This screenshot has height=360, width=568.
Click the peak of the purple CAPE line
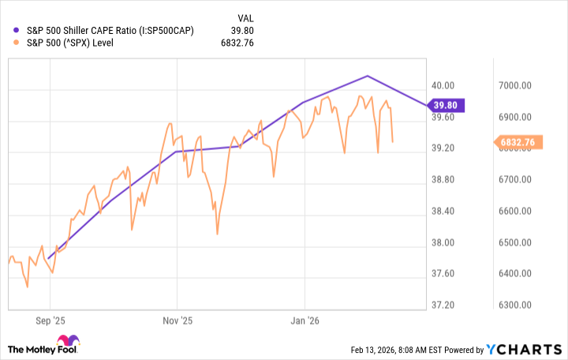click(368, 76)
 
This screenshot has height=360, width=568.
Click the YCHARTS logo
click(520, 348)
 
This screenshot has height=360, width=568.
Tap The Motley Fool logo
click(43, 348)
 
